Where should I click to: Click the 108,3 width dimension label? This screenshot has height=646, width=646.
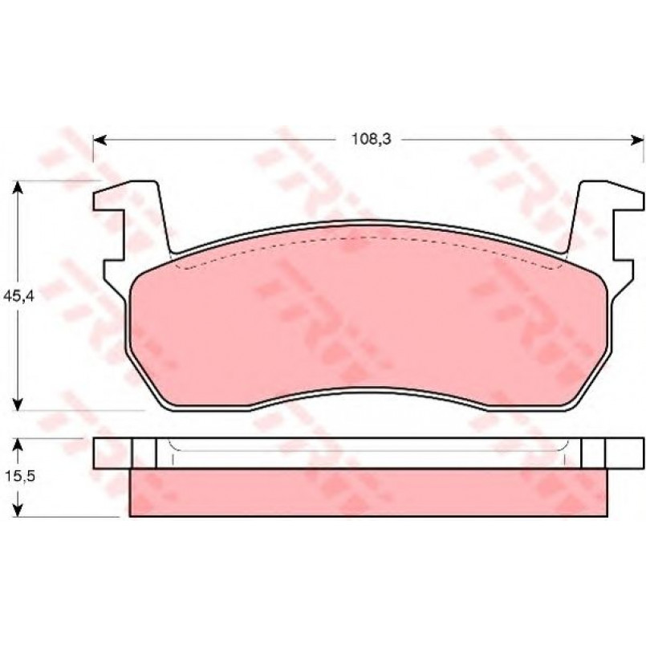[x=371, y=140]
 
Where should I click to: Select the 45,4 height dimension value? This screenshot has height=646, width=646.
[x=19, y=296]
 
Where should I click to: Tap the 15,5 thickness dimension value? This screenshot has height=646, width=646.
[x=20, y=476]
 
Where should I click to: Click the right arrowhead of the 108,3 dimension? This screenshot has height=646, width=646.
[x=637, y=140]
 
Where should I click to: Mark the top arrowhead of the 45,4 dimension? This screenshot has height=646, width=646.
[x=18, y=188]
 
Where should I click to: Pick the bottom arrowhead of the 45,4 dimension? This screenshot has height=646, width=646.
[x=18, y=404]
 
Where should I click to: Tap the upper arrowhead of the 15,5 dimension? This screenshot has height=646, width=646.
[x=18, y=445]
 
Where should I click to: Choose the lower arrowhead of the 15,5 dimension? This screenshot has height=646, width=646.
[x=18, y=510]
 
